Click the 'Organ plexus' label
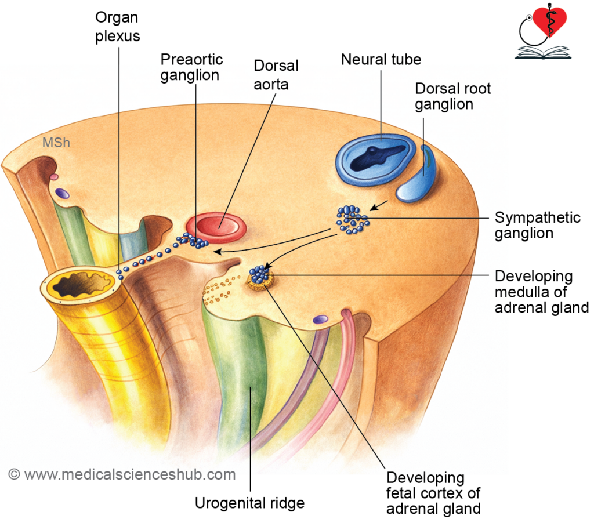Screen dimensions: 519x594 coord(118,27)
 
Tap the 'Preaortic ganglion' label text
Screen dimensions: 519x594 coord(191,67)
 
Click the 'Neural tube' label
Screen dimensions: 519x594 coord(381,59)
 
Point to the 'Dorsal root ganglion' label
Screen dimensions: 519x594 coord(452,96)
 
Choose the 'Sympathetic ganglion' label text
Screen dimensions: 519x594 coord(537,225)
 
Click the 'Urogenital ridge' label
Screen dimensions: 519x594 coord(249,502)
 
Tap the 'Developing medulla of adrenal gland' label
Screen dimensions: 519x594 coord(541,291)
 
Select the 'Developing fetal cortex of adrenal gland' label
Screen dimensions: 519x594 coord(433,493)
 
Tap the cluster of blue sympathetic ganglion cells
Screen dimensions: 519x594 coord(352,219)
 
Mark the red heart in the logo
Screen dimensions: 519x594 coord(549,20)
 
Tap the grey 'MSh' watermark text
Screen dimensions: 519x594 coord(56,142)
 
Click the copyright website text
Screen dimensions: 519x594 coord(122,474)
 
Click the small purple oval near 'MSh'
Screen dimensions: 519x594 coord(61,193)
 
